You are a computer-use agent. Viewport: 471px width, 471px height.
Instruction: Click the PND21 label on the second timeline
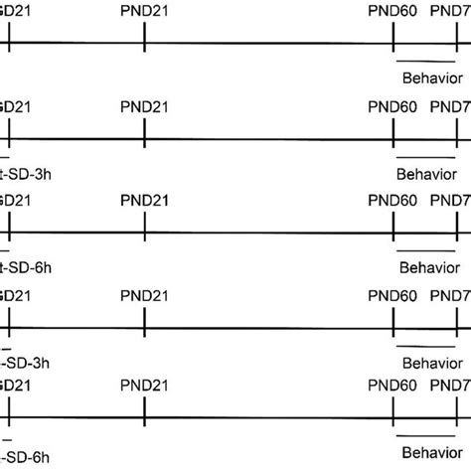(145, 105)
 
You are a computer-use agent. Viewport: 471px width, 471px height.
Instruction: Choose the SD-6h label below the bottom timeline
(26, 456)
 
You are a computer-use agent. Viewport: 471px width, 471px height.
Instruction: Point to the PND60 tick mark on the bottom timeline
(394, 418)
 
